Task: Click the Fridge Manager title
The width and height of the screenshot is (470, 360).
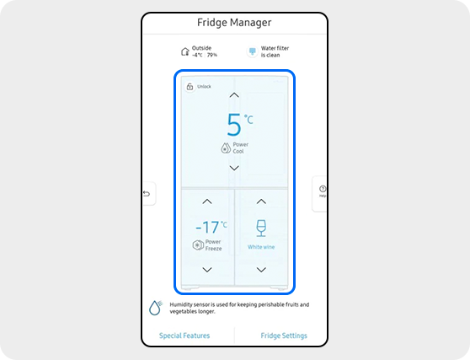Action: tap(234, 22)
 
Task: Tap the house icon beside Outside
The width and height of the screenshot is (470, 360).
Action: tap(185, 51)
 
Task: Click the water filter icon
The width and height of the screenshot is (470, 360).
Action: tap(251, 51)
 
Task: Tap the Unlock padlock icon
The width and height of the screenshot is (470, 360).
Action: tap(190, 86)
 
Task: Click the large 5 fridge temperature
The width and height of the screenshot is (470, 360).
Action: tap(234, 125)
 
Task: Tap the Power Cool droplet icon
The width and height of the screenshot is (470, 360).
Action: tap(225, 148)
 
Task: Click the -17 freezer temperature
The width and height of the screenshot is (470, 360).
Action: tap(207, 227)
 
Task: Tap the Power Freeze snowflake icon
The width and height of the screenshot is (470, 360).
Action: tap(197, 245)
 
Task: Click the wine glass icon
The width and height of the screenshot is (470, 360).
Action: tap(261, 228)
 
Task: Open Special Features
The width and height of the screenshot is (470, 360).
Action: tap(184, 336)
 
